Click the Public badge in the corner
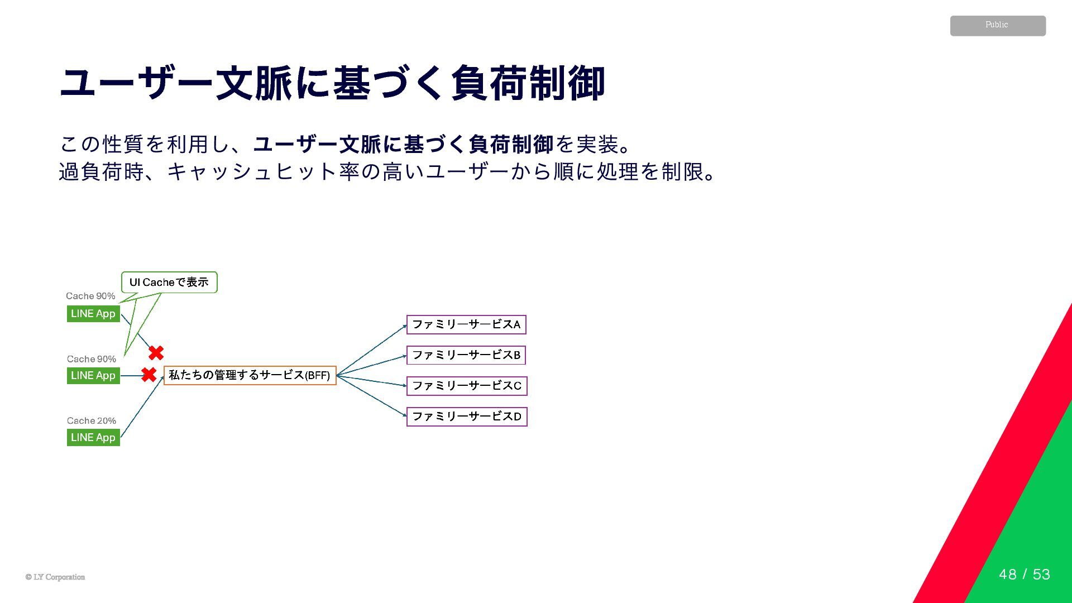point(997,26)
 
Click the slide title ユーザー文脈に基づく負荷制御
point(332,83)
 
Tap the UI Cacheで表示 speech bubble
point(169,283)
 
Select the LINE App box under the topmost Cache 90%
point(93,314)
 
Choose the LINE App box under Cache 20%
point(93,438)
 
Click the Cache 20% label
point(92,421)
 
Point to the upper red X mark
point(156,353)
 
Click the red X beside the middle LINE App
point(149,375)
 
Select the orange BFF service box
point(250,375)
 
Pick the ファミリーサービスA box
point(466,324)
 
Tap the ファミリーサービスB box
point(466,355)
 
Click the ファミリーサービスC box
point(467,386)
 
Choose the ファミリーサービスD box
point(467,417)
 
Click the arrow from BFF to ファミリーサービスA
point(371,350)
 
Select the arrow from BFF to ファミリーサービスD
point(371,396)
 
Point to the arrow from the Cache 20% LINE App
point(142,406)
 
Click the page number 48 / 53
point(1024,575)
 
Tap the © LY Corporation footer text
point(55,577)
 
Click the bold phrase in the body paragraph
point(403,145)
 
